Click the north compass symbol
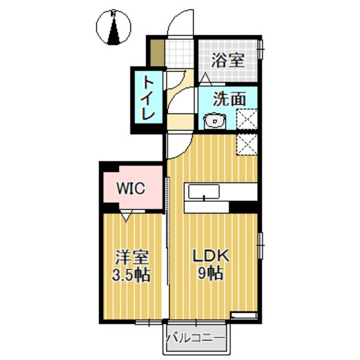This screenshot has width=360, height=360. [x=113, y=26]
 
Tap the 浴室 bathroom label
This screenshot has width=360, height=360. [x=228, y=60]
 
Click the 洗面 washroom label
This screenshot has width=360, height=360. [x=230, y=100]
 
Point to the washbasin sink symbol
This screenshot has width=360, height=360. [x=214, y=121]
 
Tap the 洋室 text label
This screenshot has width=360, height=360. [x=132, y=258]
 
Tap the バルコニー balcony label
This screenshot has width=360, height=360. [x=195, y=337]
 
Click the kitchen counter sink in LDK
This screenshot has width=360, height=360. [x=203, y=191]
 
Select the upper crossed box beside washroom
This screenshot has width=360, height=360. [x=248, y=120]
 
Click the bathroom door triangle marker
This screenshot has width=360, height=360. [x=205, y=79]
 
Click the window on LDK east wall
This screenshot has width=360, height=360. [x=261, y=245]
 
